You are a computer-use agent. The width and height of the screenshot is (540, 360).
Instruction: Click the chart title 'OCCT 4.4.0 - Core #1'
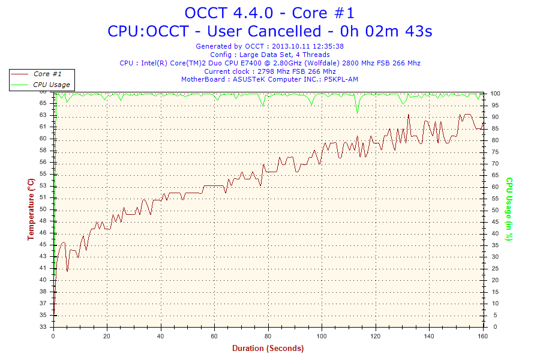269,13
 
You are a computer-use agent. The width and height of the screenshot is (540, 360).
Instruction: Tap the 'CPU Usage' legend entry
52,85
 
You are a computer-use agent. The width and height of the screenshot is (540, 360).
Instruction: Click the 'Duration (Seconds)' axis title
268,348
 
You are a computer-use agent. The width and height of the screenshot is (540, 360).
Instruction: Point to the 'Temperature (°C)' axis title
31,209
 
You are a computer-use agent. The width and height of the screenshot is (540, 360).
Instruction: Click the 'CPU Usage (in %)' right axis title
509,209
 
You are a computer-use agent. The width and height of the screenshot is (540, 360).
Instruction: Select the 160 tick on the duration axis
482,337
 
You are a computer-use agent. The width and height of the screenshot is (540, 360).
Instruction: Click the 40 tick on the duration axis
161,337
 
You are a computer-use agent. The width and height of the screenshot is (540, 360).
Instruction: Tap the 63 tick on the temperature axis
43,115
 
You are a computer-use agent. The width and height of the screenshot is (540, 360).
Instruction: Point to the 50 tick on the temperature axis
43,209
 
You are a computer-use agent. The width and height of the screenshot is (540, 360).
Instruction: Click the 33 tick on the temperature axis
43,327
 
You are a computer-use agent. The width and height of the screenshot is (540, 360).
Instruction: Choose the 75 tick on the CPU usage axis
495,152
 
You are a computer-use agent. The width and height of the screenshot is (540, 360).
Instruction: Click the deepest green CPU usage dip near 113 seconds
357,111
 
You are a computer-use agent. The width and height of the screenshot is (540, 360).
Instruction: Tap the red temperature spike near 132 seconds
408,115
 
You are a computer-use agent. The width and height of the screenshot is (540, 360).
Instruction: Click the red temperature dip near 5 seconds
67,271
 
